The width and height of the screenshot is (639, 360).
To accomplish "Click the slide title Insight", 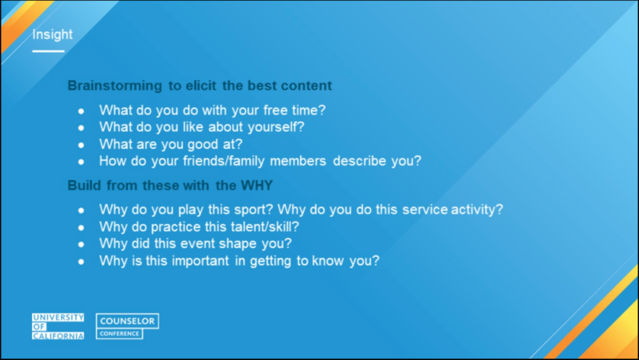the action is (x=52, y=34).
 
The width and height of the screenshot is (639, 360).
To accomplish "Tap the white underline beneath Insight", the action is (x=48, y=51).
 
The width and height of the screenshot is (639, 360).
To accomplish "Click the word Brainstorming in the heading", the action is (x=115, y=86).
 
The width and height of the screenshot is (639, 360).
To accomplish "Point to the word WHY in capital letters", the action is (x=256, y=185).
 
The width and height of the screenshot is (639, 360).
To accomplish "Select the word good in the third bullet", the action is (x=202, y=144).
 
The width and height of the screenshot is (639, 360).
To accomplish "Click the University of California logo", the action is (x=58, y=326).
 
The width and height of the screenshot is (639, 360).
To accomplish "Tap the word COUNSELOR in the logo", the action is (x=127, y=321).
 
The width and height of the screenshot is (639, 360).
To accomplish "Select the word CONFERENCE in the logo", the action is (x=120, y=333).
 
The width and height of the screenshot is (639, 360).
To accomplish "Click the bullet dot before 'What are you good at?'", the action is (x=81, y=144).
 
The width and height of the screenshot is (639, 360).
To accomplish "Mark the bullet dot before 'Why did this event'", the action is (x=81, y=244).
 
